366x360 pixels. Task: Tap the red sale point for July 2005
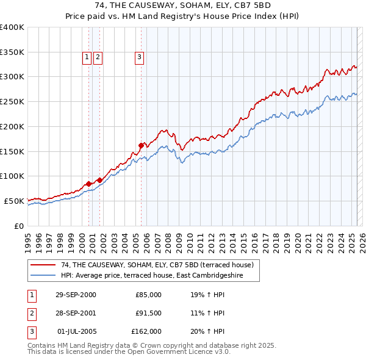pyautogui.click(x=141, y=145)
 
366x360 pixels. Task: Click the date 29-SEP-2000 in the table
pyautogui.click(x=76, y=295)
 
